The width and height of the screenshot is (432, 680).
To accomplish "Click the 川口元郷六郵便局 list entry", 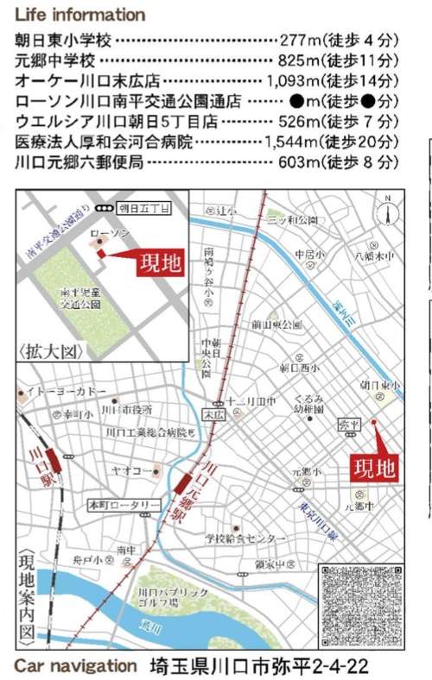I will coord(79,161).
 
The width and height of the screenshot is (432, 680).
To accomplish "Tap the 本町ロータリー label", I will coord(123,504).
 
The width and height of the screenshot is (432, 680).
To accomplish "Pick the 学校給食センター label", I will coord(245,538).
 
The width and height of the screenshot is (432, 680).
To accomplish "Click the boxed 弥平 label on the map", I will coord(347,425).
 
